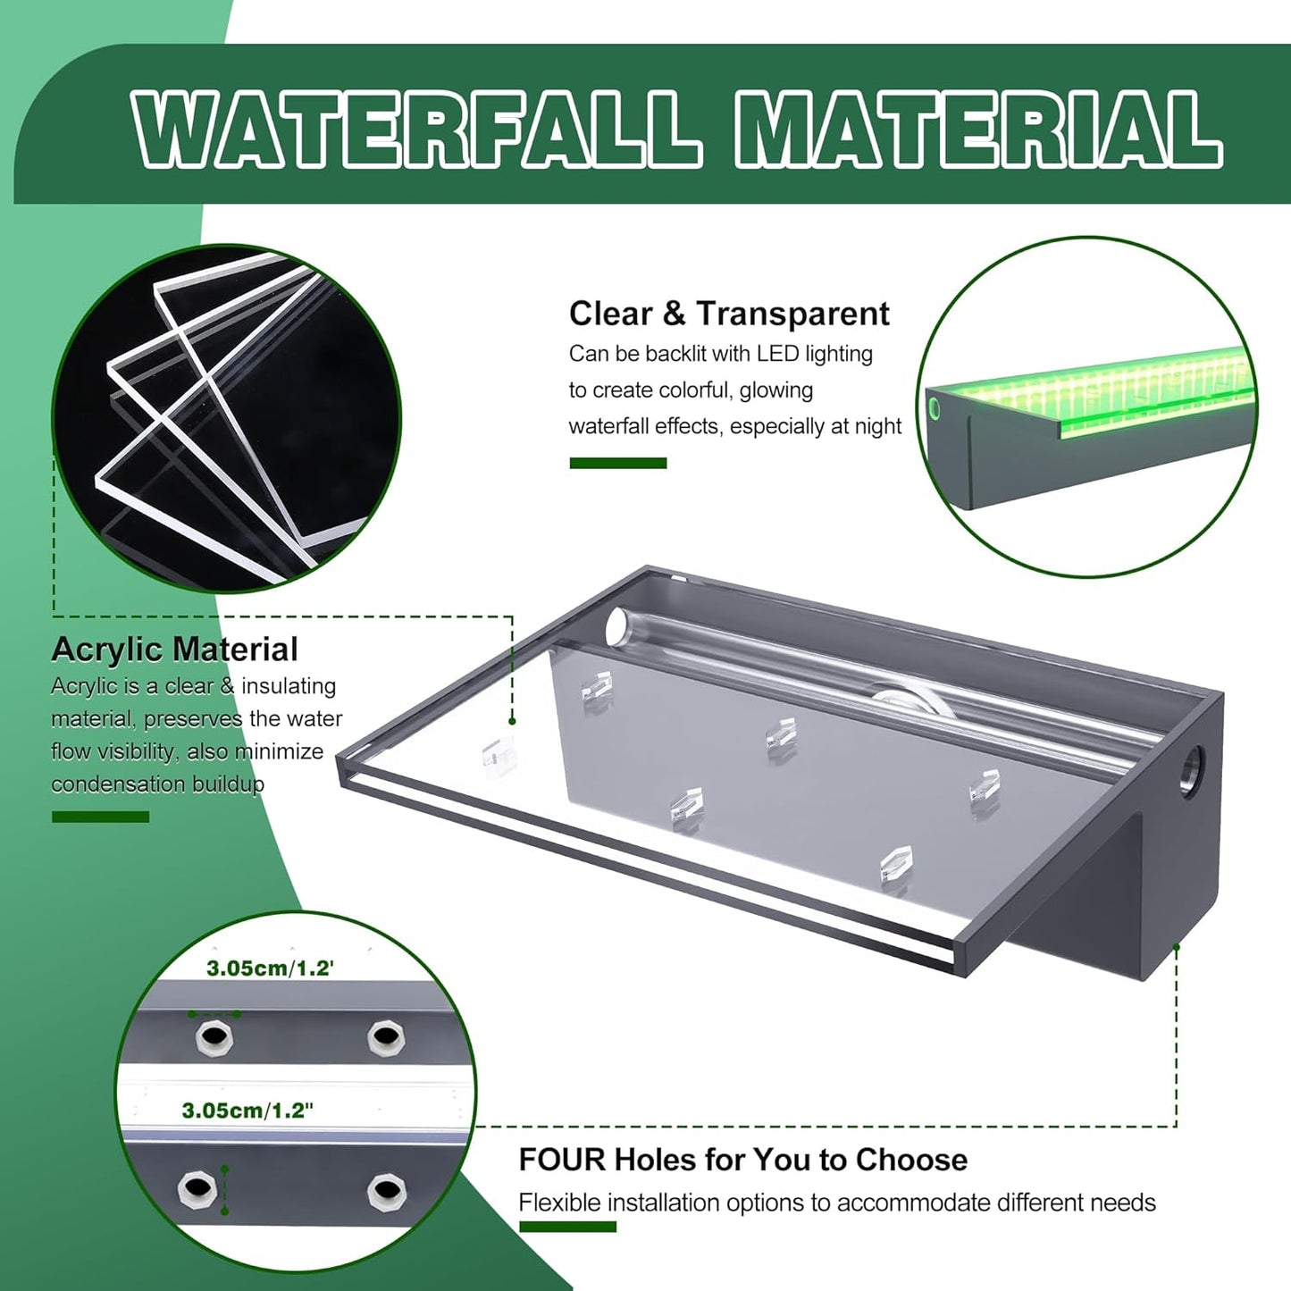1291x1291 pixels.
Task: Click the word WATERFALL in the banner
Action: pyautogui.click(x=415, y=130)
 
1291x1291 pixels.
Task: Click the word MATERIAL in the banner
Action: pyautogui.click(x=977, y=130)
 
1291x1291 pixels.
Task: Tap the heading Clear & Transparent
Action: pyautogui.click(x=728, y=314)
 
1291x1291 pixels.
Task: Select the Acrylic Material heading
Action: pyautogui.click(x=174, y=650)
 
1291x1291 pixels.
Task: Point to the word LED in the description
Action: pyautogui.click(x=776, y=354)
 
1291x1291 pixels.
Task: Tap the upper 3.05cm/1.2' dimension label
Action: pyautogui.click(x=270, y=968)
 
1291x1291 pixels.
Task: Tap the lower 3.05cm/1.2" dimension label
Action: pyautogui.click(x=247, y=1111)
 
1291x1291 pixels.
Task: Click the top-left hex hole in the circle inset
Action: pyautogui.click(x=214, y=1037)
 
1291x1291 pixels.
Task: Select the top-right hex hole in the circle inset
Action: pyautogui.click(x=386, y=1037)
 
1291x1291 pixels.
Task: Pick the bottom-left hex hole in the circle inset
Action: pyautogui.click(x=197, y=1189)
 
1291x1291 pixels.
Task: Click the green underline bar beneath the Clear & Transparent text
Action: pyautogui.click(x=617, y=463)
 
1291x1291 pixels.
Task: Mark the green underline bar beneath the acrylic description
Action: pyautogui.click(x=100, y=817)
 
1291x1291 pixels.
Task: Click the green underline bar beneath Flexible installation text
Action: pyautogui.click(x=567, y=1227)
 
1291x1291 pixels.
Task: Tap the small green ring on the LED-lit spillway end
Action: pyautogui.click(x=935, y=409)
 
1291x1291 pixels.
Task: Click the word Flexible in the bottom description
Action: pyautogui.click(x=559, y=1203)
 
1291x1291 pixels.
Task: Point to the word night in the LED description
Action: pyautogui.click(x=877, y=427)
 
